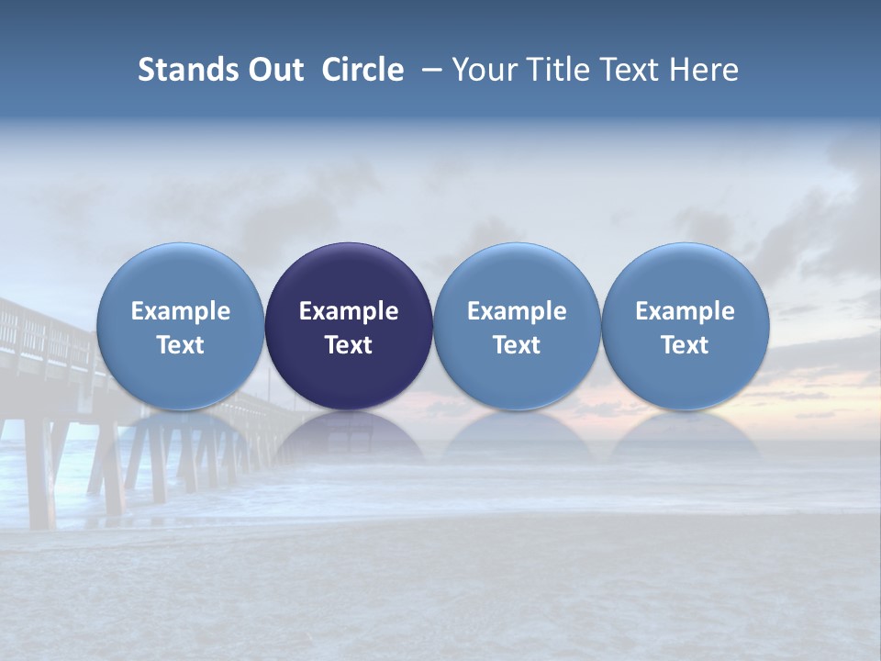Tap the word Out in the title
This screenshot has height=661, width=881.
coord(273,70)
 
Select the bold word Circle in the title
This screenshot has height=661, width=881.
coord(362,70)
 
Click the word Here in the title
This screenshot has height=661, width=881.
coord(704,70)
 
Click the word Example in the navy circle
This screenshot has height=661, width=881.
coord(349,311)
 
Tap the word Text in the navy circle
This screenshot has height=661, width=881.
coord(349,345)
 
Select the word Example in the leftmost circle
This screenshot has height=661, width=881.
coord(180,311)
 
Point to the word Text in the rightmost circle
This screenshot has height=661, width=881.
coord(685,345)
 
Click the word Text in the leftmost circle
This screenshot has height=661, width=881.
coord(180,345)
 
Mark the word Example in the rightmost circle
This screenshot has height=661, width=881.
coord(685,311)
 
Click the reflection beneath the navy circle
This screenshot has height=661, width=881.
coord(349,436)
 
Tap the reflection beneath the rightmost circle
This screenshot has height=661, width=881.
coord(685,436)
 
